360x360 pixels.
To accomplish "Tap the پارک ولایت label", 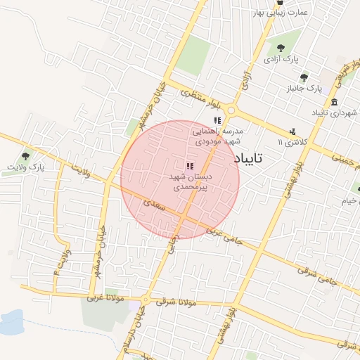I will [x=26, y=167].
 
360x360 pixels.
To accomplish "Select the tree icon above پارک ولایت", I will [x=26, y=156].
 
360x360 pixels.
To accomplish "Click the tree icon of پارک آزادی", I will [x=281, y=48].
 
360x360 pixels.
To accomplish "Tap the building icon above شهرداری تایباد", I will [x=335, y=101].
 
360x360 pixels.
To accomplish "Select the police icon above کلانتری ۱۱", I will [x=292, y=131].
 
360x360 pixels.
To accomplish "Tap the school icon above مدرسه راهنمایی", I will [x=217, y=120].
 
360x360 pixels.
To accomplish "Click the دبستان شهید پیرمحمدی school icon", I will [x=190, y=166].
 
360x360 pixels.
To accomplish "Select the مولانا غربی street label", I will [x=105, y=298].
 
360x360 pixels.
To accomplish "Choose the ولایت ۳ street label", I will [x=62, y=261].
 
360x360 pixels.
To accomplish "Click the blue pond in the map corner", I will [x=10, y=323].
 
